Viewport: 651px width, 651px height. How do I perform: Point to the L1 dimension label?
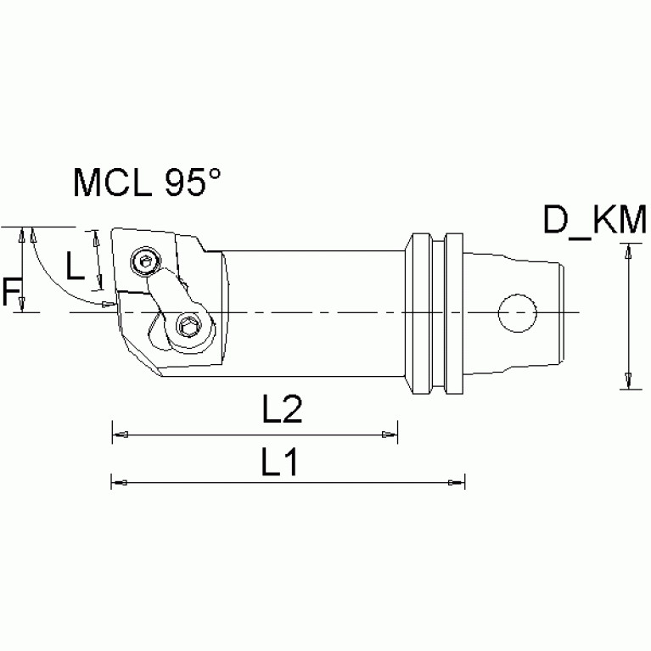coord(281,462)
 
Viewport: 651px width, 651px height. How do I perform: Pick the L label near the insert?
coord(76,268)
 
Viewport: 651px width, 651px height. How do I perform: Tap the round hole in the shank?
coord(516,313)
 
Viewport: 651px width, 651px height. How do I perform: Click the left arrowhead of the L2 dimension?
coord(120,435)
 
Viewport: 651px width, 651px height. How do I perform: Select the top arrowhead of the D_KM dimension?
coord(628,251)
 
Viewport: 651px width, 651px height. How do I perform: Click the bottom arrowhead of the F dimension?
coord(23,304)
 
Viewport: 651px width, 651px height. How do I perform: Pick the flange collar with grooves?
coord(435,313)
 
